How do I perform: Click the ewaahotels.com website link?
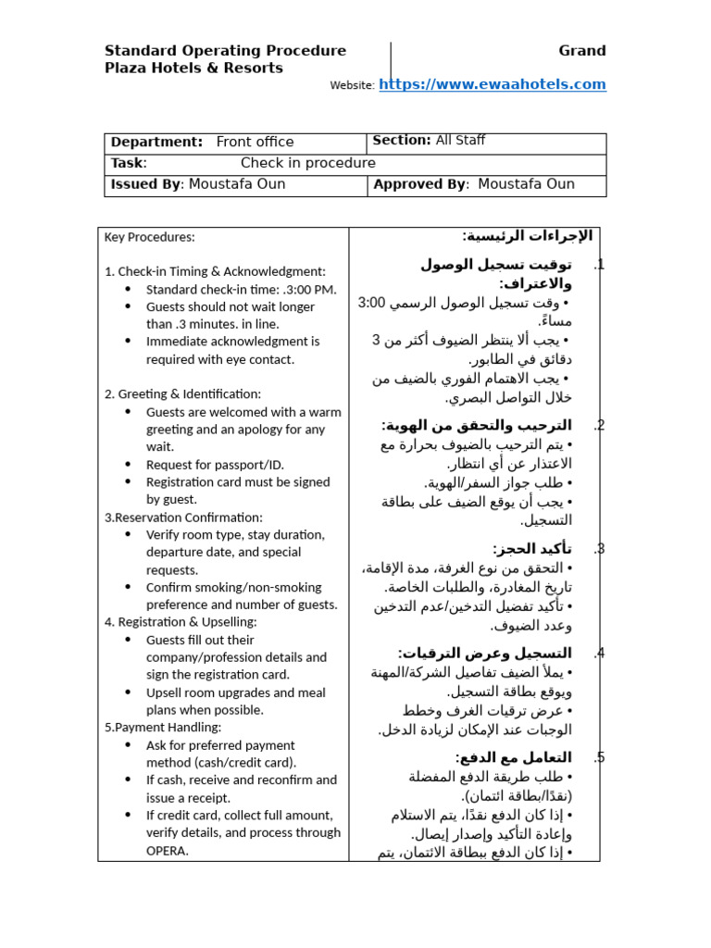(493, 84)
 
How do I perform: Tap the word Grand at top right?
(582, 51)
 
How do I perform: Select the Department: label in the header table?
(156, 142)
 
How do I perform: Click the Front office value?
(255, 142)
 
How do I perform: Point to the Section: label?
(402, 141)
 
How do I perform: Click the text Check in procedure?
(308, 163)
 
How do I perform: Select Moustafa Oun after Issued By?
(237, 184)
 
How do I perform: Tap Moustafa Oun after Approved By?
(526, 184)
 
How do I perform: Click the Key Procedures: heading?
(150, 237)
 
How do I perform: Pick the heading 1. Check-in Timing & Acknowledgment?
(215, 271)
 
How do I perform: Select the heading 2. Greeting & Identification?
(182, 394)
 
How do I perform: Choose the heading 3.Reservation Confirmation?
(183, 518)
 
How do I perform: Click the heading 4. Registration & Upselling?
(181, 622)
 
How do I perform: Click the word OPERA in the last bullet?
(168, 851)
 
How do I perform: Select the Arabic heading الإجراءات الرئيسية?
(514, 236)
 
